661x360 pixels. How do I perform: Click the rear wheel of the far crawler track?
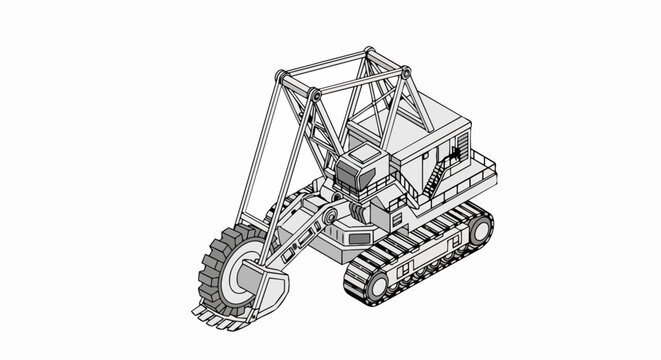coord(479,229)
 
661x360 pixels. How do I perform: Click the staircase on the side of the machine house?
coord(433,181)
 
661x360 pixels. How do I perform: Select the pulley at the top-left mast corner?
coord(281,78)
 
